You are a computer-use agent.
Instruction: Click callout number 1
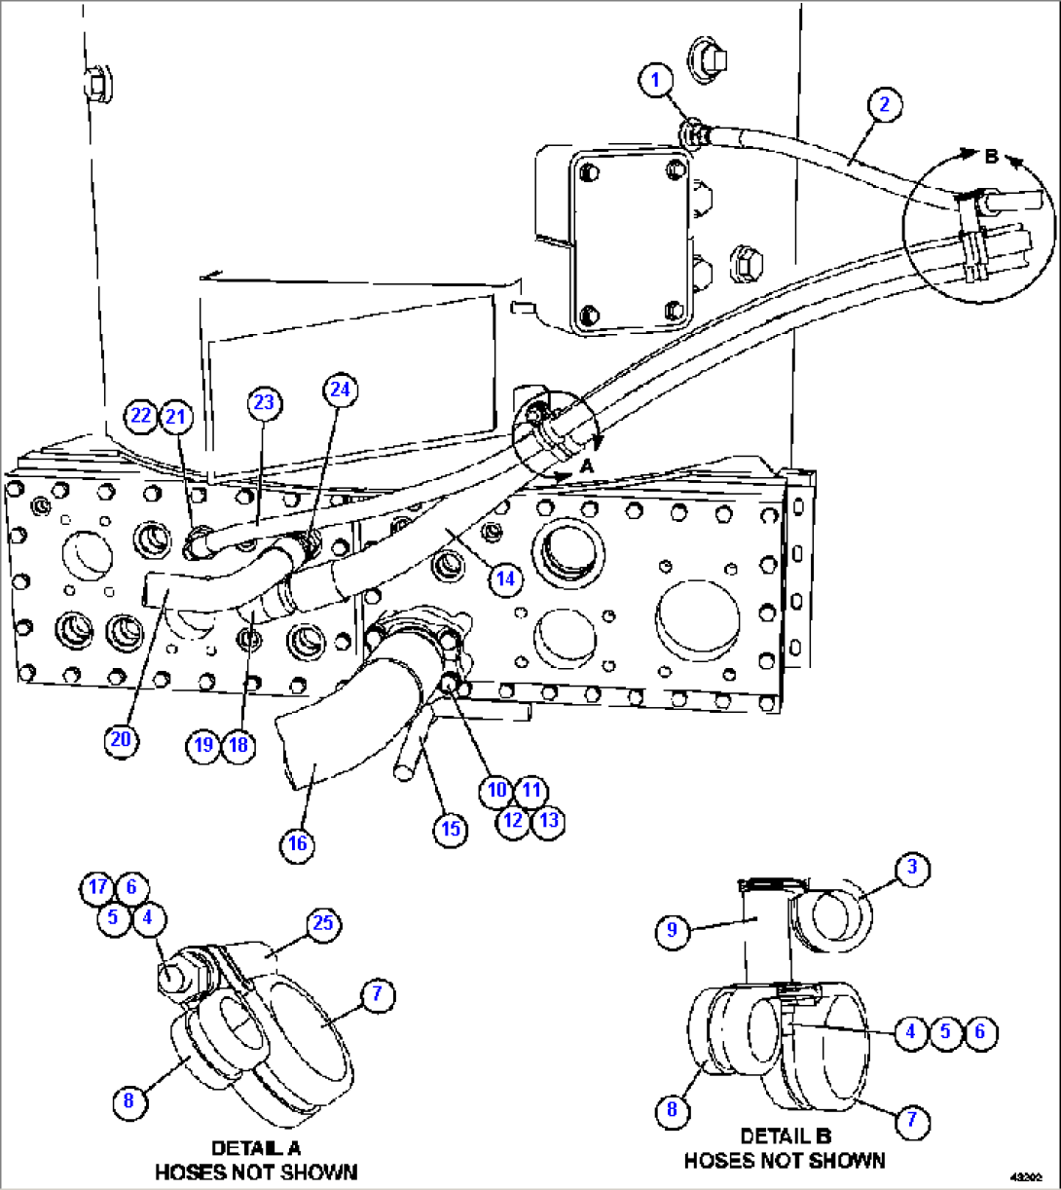[x=657, y=80]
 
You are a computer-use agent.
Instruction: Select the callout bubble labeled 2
[x=884, y=105]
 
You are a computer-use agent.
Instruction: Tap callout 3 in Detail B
[x=912, y=871]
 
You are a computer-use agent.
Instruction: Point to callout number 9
[x=673, y=931]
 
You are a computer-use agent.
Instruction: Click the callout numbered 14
[x=505, y=579]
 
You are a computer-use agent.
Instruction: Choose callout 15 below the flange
[x=451, y=829]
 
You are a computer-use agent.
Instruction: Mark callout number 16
[x=298, y=843]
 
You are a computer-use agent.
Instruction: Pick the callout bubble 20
[x=121, y=740]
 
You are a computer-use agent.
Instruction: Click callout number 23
[x=264, y=402]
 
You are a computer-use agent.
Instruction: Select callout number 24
[x=339, y=390]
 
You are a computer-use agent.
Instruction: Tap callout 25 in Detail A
[x=323, y=924]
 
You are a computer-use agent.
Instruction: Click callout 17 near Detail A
[x=97, y=887]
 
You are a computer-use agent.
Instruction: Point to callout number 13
[x=549, y=820]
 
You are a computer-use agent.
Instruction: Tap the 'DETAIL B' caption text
[x=785, y=1136]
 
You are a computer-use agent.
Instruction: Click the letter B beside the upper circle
[x=991, y=157]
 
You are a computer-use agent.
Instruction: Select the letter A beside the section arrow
[x=587, y=466]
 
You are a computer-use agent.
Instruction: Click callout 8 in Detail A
[x=128, y=1101]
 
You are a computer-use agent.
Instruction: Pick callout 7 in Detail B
[x=912, y=1121]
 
